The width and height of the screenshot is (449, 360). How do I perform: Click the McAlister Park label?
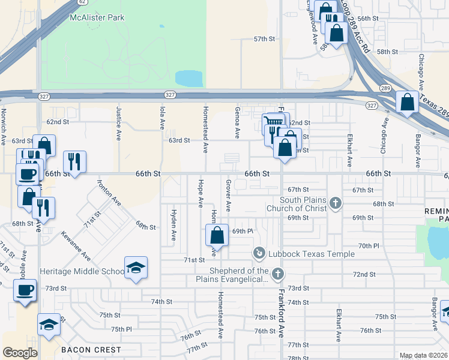97,17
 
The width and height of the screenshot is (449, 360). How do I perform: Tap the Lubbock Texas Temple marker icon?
259,253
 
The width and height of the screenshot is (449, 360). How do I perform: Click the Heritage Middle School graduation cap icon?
136,268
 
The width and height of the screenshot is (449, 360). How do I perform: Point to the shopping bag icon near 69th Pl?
217,236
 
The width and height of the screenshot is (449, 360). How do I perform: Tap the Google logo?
20,352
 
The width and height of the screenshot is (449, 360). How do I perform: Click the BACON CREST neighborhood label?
91,349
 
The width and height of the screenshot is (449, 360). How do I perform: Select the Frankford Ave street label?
280,312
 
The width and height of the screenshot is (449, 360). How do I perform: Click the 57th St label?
264,39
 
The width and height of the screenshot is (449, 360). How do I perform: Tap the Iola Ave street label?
162,117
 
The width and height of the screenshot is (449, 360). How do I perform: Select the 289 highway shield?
385,88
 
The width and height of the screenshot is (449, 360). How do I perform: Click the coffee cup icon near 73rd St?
25,290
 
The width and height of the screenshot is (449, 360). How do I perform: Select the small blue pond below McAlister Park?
189,79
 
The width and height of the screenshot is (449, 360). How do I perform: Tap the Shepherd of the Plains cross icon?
277,274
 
